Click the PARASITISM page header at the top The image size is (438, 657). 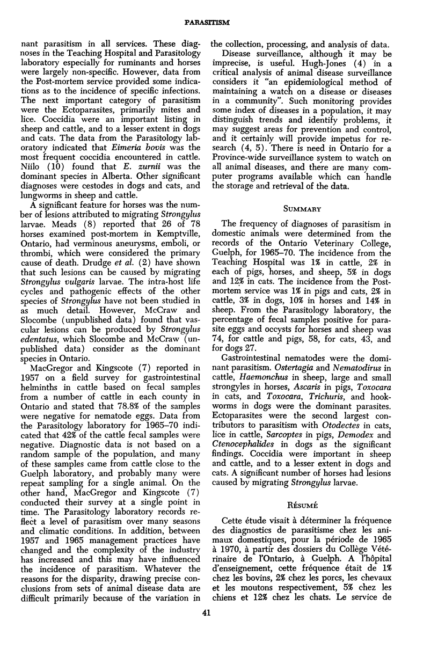(219, 22)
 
